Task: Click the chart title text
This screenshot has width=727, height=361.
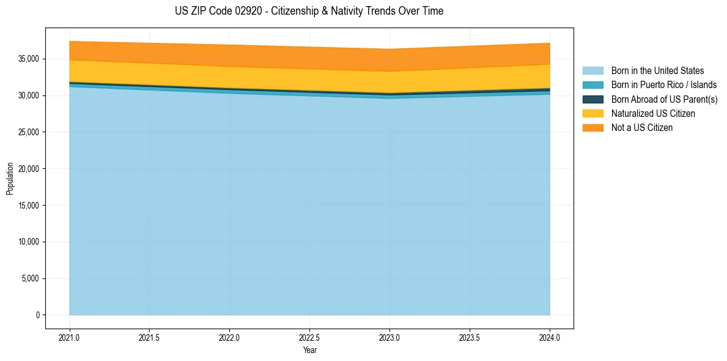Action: click(309, 11)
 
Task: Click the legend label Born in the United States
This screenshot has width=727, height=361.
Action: click(657, 71)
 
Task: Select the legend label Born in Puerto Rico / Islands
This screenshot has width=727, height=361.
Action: click(663, 85)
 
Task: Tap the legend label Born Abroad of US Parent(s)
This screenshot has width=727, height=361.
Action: click(664, 99)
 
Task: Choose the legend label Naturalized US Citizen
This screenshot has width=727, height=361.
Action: click(653, 114)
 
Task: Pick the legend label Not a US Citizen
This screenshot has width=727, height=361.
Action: click(641, 128)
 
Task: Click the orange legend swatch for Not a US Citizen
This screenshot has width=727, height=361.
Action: click(592, 128)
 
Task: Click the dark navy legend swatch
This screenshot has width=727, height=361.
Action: click(592, 99)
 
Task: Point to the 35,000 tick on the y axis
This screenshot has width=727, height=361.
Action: click(28, 59)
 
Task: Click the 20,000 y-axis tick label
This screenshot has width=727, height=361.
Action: click(28, 169)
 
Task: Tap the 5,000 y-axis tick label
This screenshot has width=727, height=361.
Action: click(30, 278)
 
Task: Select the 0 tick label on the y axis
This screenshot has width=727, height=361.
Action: click(37, 315)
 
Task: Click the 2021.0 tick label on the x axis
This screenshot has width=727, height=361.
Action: click(70, 337)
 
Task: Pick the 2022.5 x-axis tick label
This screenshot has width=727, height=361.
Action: click(309, 337)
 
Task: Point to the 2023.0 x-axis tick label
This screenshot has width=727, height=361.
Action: click(389, 337)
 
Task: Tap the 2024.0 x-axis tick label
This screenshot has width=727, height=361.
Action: click(550, 337)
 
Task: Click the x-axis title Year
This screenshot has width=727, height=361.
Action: click(309, 351)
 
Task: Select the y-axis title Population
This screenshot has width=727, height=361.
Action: click(10, 179)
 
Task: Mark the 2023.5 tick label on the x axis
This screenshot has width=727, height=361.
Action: click(470, 337)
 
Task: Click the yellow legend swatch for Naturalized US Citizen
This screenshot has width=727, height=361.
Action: click(592, 114)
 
